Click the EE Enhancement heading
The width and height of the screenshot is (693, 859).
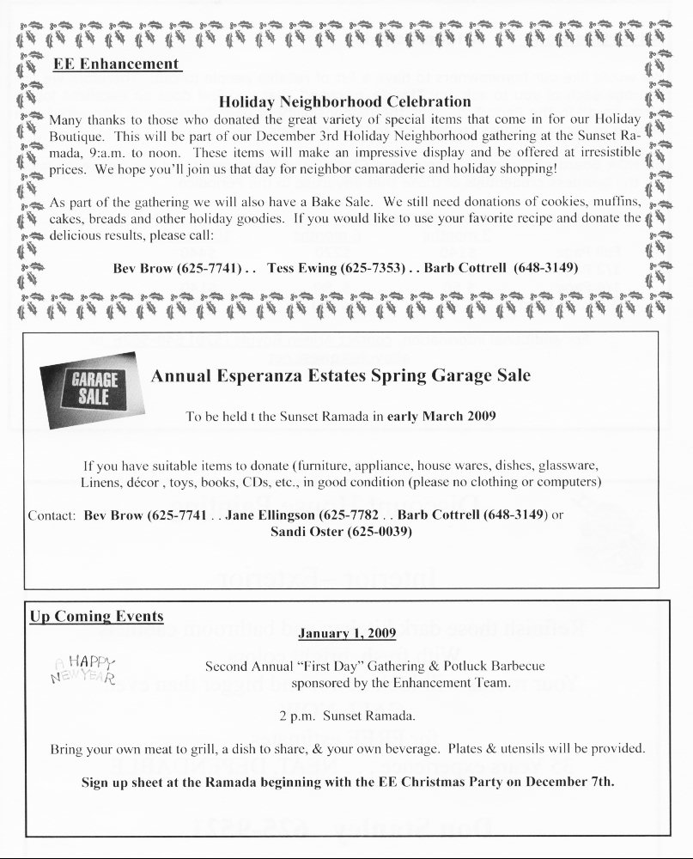coord(116,64)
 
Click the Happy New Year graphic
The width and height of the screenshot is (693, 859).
coord(84,668)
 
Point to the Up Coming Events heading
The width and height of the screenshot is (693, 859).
coord(96,617)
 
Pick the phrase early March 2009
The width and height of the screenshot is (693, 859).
coord(441,417)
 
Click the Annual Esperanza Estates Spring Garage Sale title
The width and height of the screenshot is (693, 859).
coord(340,375)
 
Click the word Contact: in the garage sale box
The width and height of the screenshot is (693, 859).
coord(52,515)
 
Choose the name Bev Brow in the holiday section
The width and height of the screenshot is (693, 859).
coord(143,268)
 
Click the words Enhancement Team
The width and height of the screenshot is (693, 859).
coord(463,684)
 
